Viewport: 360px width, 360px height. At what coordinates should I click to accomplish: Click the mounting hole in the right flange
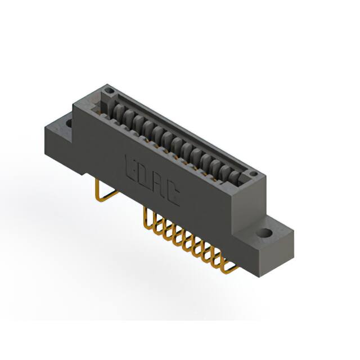[264, 232]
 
